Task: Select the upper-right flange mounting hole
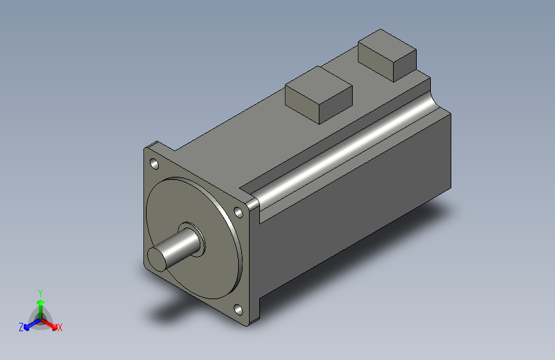(x=238, y=211)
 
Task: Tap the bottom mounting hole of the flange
(x=238, y=309)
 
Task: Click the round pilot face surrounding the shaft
(x=205, y=269)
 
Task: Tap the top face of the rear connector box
(x=388, y=45)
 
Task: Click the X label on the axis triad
(x=60, y=328)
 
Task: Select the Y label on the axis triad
(x=40, y=291)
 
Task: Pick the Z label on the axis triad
(x=21, y=327)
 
